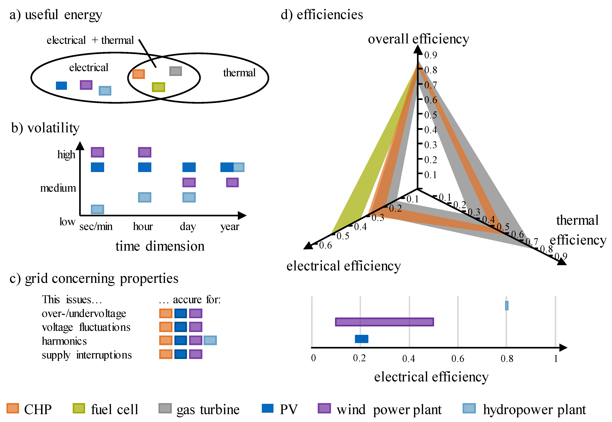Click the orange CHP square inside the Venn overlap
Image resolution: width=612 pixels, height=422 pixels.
138,74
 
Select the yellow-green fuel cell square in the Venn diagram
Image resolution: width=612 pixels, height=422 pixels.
158,87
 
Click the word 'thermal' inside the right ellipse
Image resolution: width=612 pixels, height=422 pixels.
239,73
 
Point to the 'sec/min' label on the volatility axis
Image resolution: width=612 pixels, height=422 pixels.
96,227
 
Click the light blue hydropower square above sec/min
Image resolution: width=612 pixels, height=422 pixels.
97,209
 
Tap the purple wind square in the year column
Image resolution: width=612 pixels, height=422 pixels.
232,182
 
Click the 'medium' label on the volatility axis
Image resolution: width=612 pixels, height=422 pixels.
58,188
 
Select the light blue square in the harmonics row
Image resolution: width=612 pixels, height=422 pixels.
210,340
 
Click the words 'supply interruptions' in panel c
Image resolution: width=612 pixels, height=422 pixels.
87,355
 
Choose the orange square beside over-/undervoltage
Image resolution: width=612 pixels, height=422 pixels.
166,313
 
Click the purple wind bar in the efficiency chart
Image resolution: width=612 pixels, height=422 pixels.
384,322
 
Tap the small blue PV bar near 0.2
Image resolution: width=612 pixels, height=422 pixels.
361,339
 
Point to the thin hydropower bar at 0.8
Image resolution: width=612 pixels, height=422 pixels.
507,305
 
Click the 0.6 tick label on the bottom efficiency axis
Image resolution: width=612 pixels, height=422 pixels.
458,358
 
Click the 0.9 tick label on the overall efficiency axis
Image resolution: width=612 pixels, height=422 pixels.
431,55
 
